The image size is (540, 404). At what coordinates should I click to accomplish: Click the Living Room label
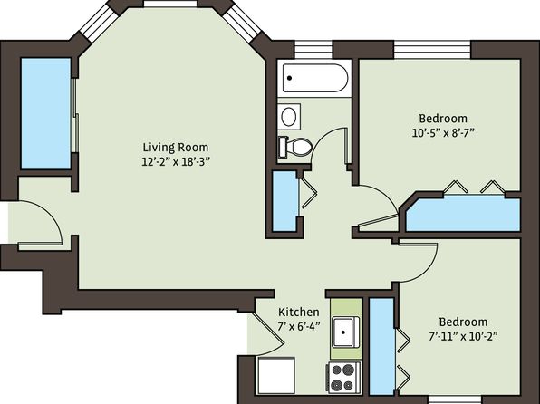click(176, 148)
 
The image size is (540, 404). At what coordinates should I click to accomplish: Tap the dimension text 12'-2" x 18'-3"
click(176, 161)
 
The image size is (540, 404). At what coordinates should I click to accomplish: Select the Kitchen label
click(299, 312)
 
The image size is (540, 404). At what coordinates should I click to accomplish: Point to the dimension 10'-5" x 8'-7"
click(443, 132)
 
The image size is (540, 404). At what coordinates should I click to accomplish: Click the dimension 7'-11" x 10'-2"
click(463, 336)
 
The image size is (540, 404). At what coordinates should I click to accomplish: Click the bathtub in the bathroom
click(315, 78)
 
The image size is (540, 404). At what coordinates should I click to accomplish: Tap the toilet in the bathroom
click(295, 147)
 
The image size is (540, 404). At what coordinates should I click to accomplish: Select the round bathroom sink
click(289, 117)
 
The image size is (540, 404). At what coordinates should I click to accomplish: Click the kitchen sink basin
click(343, 332)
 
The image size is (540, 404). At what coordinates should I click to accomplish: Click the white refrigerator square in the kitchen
click(276, 375)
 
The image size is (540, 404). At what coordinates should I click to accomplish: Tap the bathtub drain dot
click(290, 78)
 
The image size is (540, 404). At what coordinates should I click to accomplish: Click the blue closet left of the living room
click(46, 113)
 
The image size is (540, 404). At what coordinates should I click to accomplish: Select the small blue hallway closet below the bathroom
click(284, 201)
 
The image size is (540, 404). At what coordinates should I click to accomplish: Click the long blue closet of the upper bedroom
click(463, 213)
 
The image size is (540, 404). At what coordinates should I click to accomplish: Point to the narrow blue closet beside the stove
click(382, 346)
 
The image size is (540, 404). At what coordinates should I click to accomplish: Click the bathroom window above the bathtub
click(313, 50)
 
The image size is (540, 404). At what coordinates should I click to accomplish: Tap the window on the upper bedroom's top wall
click(432, 50)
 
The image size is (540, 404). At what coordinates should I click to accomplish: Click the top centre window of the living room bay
click(170, 4)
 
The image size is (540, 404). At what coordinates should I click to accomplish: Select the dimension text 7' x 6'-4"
click(299, 326)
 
